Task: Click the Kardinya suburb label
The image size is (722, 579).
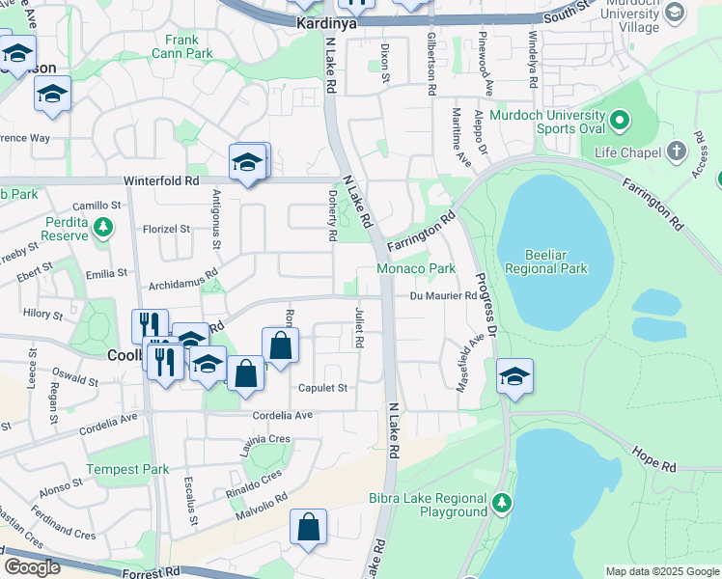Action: pos(326,22)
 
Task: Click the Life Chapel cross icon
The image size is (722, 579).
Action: pos(677,152)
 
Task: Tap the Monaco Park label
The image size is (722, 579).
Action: pos(415,268)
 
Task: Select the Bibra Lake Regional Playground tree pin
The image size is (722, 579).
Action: pos(502,503)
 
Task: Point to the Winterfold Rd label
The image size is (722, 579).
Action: pos(161,180)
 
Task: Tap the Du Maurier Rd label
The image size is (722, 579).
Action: pos(443,296)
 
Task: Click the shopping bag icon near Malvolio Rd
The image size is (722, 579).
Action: pos(309,527)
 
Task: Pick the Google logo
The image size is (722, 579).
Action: pos(32,567)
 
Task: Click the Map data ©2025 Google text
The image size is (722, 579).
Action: pos(662,571)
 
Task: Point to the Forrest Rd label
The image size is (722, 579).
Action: pos(152,574)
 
